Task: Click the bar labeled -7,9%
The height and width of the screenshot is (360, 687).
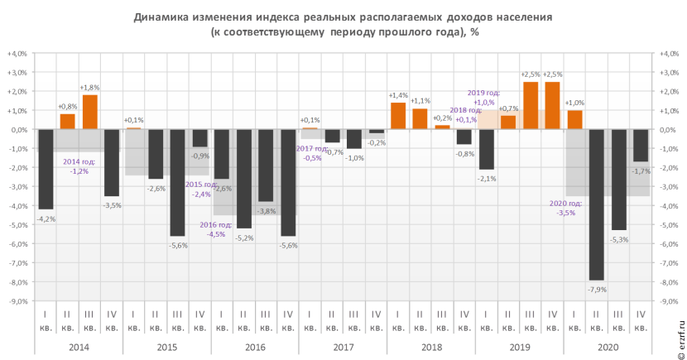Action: (x=597, y=204)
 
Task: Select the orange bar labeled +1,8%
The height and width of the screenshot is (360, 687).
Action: (x=89, y=112)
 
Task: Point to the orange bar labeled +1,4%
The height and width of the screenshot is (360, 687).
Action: (x=398, y=116)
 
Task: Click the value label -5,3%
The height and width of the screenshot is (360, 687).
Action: (x=619, y=239)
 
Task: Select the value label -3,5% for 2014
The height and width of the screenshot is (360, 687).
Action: (x=112, y=204)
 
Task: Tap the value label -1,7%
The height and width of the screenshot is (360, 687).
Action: (x=641, y=171)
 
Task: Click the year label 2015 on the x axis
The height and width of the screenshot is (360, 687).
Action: (x=166, y=347)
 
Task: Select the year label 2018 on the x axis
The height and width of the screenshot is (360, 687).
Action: (x=431, y=347)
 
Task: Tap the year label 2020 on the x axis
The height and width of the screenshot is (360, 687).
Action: (x=608, y=347)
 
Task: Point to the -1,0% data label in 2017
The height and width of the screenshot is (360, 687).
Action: (x=354, y=158)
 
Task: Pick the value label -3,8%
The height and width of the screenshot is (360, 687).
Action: (x=267, y=211)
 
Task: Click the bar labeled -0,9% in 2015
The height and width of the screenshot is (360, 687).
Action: (x=199, y=138)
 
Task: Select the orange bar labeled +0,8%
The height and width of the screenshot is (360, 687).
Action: (x=67, y=121)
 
